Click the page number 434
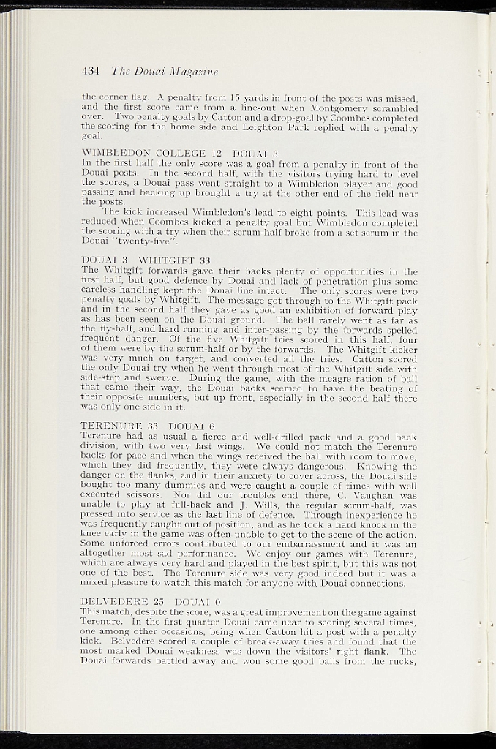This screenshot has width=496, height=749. click(91, 71)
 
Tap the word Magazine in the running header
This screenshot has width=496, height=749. click(192, 71)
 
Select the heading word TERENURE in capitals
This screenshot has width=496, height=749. click(111, 426)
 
